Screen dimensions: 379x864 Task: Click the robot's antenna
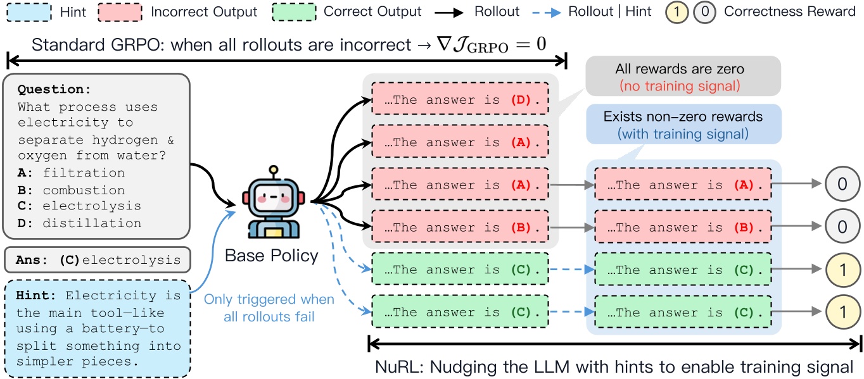coord(274,171)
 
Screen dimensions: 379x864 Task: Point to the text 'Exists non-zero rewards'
coord(683,117)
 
